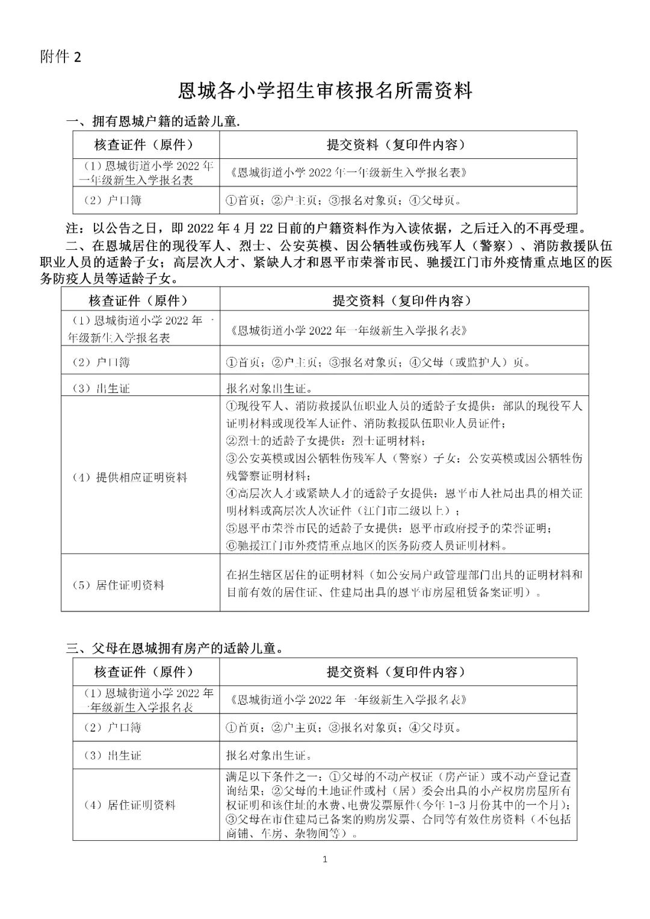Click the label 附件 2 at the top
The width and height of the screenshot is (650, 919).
coord(60,57)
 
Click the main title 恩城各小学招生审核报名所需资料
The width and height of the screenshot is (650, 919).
coord(325,91)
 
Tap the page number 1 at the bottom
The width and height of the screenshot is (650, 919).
coord(325,859)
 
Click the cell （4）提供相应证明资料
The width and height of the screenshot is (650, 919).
coord(130,478)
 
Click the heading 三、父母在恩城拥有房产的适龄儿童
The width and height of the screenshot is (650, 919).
coord(175,649)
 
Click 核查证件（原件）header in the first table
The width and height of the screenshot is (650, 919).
coord(144,145)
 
